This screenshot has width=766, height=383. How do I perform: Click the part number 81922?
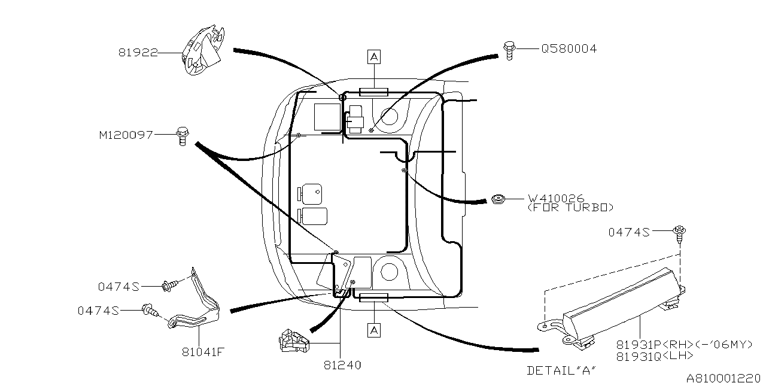tap(138, 53)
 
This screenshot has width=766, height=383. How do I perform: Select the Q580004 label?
tap(569, 48)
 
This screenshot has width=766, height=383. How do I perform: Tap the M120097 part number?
tap(126, 135)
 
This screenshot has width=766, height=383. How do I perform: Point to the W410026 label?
tap(555, 198)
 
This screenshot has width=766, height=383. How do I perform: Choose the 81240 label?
tap(342, 364)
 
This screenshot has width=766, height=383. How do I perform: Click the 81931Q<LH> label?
tap(655, 355)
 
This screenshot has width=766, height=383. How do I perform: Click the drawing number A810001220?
tap(725, 378)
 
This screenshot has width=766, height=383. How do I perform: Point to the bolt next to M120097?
tap(182, 136)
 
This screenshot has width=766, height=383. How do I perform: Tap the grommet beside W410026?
tap(497, 198)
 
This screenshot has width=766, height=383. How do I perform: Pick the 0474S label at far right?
tap(629, 232)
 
